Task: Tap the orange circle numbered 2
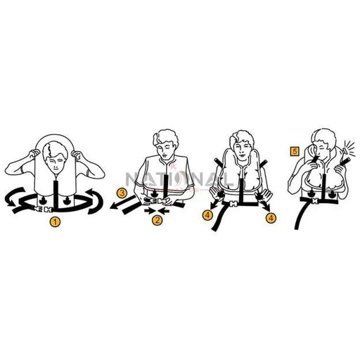tap(157, 221)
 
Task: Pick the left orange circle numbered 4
tap(209, 214)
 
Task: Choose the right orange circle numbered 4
tap(271, 219)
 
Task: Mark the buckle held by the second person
tap(157, 208)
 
